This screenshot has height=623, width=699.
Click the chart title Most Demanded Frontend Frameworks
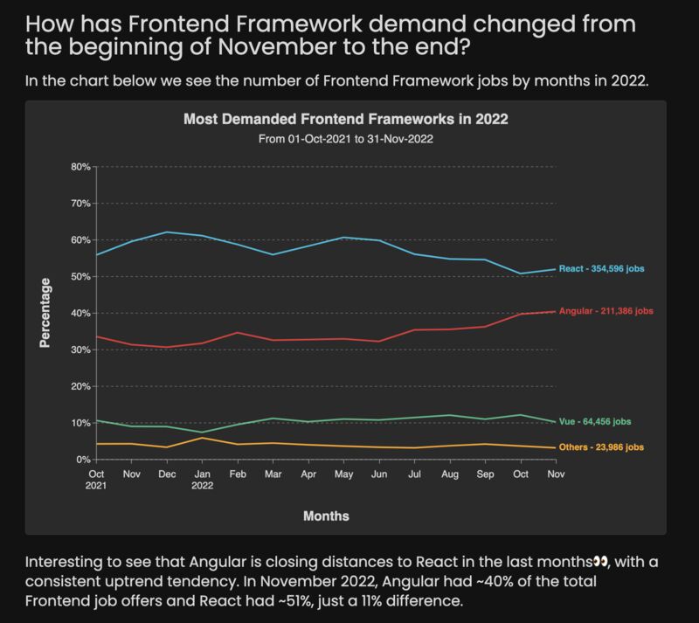pos(345,119)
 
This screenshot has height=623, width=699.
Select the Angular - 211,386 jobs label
pos(604,311)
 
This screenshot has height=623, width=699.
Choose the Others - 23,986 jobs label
pos(601,447)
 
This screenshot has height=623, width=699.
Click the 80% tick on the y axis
pos(80,166)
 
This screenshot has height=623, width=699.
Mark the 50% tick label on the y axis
pos(80,276)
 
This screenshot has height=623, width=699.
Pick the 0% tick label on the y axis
pos(83,460)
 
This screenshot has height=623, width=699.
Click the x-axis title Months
pos(326,516)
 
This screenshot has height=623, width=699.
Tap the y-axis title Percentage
pos(45,313)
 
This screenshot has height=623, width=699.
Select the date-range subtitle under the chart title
pos(345,138)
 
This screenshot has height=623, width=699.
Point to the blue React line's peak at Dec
pos(165,232)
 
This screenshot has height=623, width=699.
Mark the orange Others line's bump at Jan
pos(203,438)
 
